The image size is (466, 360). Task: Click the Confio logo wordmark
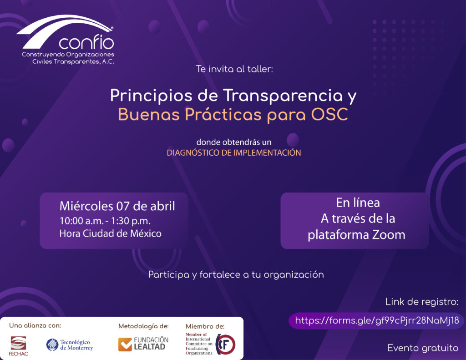86,42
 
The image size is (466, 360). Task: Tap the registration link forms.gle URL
377,320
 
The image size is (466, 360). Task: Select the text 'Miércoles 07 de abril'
117,206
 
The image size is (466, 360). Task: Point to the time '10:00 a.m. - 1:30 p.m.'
105,221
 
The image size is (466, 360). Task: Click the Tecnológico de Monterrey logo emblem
52,344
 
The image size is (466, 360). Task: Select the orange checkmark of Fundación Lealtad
125,345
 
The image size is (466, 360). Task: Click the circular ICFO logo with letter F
225,344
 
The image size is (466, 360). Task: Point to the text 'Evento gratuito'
423,348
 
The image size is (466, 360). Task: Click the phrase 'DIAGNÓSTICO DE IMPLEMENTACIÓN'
234,153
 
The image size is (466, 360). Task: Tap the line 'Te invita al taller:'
234,69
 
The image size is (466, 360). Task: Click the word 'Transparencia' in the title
283,95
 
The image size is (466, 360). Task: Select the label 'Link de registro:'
422,302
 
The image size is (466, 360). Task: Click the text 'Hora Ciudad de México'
110,233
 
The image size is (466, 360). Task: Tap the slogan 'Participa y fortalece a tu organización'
236,275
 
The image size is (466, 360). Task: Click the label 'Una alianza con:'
35,325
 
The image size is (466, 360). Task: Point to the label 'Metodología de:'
143,326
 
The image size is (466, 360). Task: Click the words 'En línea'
358,203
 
